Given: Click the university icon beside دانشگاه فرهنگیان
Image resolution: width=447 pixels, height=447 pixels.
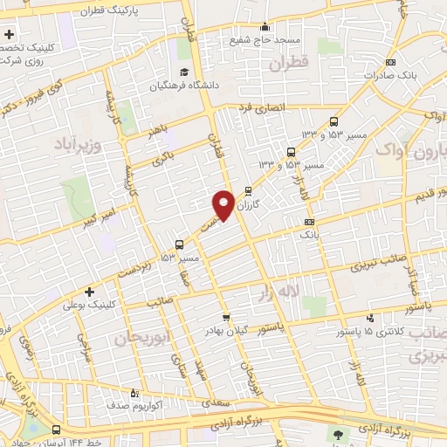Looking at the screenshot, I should coord(184,72).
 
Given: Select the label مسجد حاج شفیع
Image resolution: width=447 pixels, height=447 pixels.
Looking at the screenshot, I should coord(265,40).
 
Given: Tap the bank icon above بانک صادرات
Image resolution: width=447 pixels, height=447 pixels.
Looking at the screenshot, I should coord(389,62).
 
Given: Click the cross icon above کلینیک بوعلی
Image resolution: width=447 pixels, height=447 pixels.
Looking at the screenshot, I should coord(88,292).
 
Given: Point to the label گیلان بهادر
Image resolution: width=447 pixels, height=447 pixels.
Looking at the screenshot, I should coord(226,331).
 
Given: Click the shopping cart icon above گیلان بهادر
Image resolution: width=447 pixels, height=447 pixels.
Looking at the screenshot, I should coord(226,318).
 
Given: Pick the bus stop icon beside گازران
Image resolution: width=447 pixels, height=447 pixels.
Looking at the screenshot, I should coord(249,189).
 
